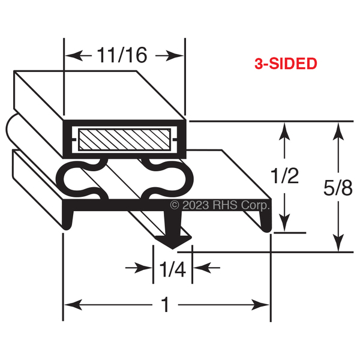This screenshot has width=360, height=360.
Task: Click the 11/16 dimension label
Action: (122, 55)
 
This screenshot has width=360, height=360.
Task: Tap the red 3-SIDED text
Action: (286, 64)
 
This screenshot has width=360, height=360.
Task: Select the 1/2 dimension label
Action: (284, 176)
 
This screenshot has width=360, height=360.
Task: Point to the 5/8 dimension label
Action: (338, 187)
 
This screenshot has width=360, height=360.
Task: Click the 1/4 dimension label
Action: (172, 269)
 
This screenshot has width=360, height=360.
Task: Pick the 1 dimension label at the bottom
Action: (166, 305)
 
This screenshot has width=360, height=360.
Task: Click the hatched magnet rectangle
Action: (124, 140)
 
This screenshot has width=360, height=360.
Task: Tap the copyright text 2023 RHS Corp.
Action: (220, 205)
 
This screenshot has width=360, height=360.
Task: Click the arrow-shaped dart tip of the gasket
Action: (173, 242)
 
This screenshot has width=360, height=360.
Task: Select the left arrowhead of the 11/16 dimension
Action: (74, 56)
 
